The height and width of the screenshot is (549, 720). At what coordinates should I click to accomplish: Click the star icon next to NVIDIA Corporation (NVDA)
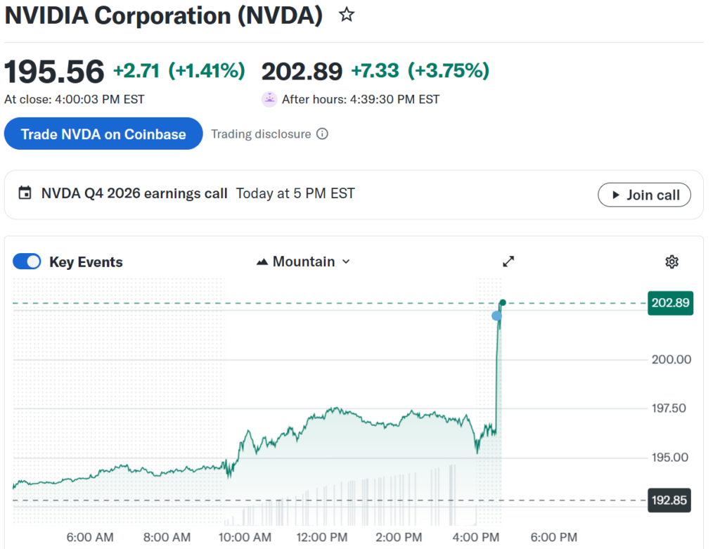347,15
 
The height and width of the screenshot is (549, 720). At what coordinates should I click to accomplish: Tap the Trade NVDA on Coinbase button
103,134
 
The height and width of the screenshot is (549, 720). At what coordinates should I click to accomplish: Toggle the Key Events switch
27,262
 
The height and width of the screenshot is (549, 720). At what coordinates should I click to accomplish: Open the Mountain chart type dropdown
304,262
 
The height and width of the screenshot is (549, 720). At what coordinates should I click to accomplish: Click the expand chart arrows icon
508,261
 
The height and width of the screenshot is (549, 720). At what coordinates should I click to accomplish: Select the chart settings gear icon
671,262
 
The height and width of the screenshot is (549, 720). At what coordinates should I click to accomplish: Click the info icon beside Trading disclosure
322,134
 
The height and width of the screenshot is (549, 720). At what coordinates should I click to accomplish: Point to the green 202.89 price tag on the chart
671,304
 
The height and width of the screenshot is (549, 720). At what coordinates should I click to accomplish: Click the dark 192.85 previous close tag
670,500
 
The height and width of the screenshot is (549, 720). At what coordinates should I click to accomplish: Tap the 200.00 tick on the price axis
671,359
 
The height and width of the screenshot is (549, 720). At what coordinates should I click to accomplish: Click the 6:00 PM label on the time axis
554,538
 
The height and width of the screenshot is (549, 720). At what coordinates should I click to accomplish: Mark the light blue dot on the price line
497,316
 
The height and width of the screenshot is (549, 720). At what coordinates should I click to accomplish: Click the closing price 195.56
54,72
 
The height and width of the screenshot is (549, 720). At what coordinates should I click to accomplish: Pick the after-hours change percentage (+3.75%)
448,71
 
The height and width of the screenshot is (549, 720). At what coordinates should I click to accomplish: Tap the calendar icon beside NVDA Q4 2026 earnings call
25,193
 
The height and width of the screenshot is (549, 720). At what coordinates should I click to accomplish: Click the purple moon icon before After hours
269,99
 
